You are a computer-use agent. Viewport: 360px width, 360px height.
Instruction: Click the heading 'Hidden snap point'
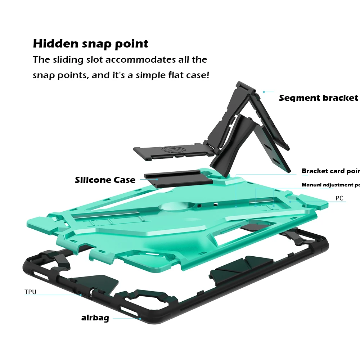tap(90, 44)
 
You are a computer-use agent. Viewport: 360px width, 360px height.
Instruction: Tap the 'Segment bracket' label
tap(318, 98)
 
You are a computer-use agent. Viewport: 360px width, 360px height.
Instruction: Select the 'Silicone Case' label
tap(105, 180)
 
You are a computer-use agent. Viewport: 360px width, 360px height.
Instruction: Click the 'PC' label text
tap(339, 198)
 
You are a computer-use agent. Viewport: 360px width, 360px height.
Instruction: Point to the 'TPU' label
tap(30, 292)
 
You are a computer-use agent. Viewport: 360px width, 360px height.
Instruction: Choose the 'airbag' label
tap(95, 318)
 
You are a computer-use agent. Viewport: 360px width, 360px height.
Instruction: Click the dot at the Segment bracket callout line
tap(264, 92)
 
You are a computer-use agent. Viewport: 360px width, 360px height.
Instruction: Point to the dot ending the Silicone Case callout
tap(157, 179)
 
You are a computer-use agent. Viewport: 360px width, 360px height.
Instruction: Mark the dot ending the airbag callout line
tap(140, 318)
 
